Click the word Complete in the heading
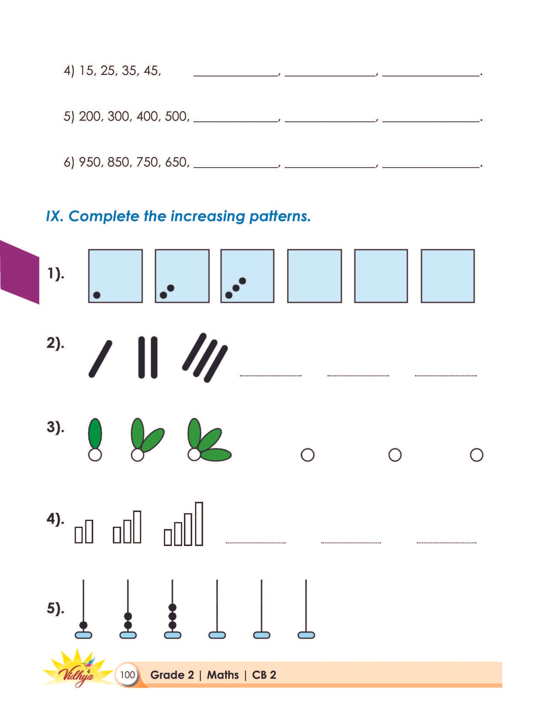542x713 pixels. [104, 216]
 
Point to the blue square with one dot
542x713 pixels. [116, 276]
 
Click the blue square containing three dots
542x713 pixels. [247, 276]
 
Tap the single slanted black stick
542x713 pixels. [100, 359]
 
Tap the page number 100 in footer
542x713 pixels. [127, 675]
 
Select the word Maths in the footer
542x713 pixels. [223, 675]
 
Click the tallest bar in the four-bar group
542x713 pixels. [199, 524]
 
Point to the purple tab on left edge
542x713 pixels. [19, 272]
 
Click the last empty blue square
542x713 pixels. [447, 276]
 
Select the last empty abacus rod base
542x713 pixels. [306, 635]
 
